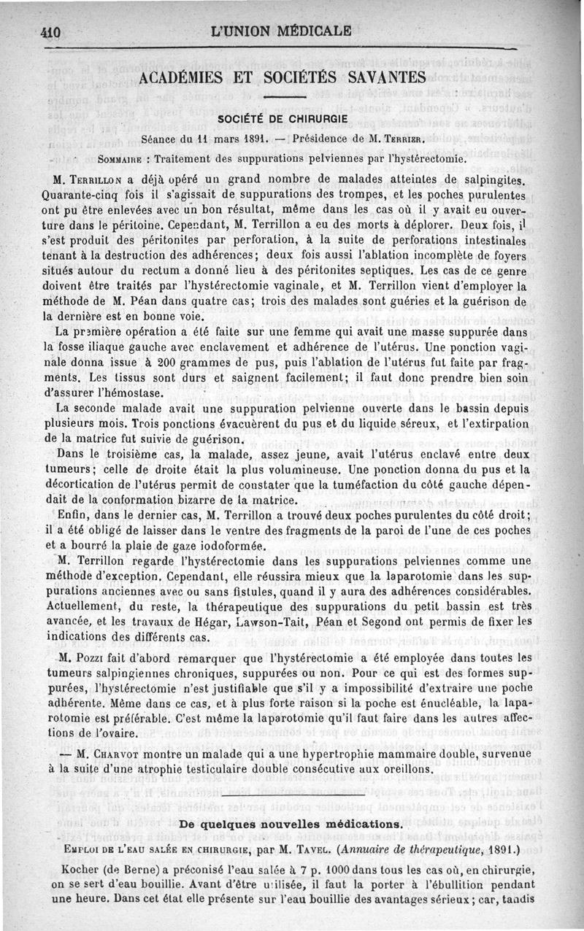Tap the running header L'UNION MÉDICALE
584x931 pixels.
point(280,31)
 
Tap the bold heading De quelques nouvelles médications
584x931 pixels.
point(291,824)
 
